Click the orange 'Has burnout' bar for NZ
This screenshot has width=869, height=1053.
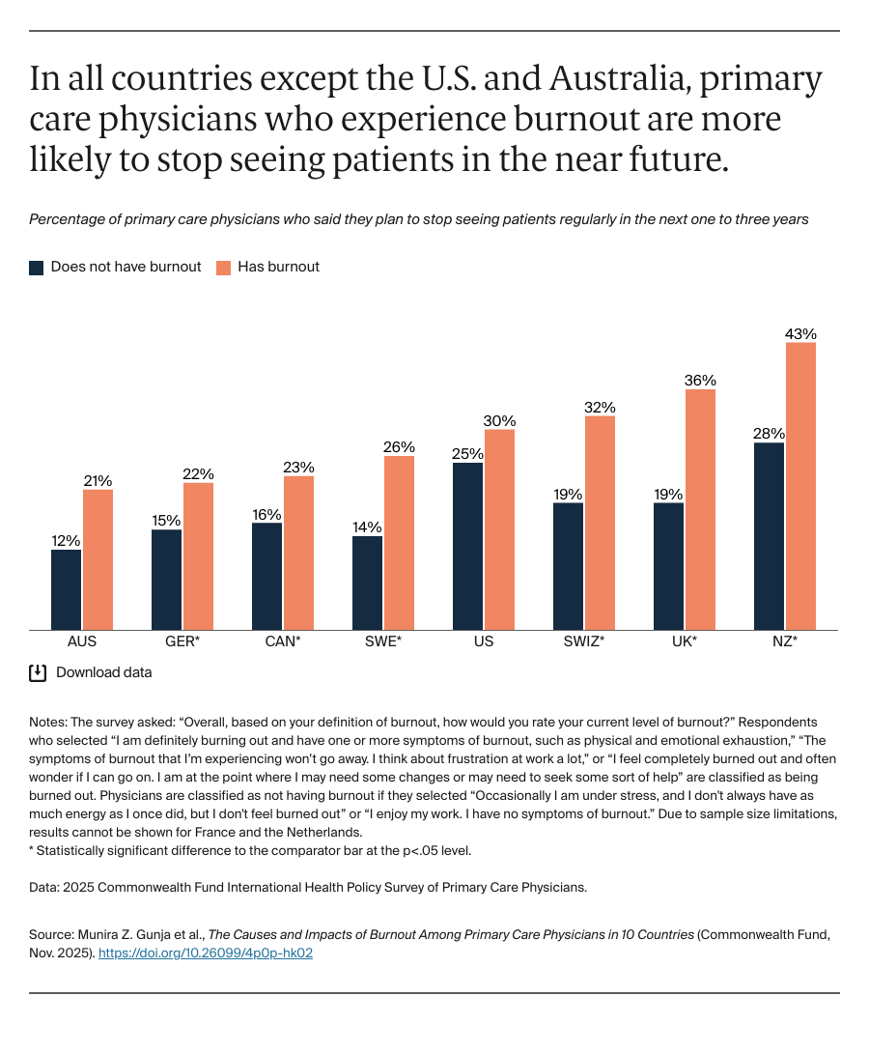800,486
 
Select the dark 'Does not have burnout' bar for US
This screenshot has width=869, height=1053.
467,546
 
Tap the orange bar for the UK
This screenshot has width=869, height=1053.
700,509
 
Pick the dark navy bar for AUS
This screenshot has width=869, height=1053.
66,589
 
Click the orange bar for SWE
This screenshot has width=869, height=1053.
399,542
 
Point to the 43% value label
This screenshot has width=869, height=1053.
800,334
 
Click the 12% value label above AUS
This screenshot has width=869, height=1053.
66,541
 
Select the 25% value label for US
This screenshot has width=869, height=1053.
467,454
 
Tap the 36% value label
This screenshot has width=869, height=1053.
700,381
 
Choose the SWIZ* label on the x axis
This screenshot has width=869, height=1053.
583,641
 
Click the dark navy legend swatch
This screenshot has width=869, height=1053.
37,268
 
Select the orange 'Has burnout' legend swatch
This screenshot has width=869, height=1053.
223,268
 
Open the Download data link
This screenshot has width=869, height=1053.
103,672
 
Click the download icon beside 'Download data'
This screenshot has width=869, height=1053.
38,672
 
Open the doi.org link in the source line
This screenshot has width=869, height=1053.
206,953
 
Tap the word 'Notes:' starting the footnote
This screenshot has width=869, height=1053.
47,723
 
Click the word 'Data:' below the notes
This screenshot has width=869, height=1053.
45,886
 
